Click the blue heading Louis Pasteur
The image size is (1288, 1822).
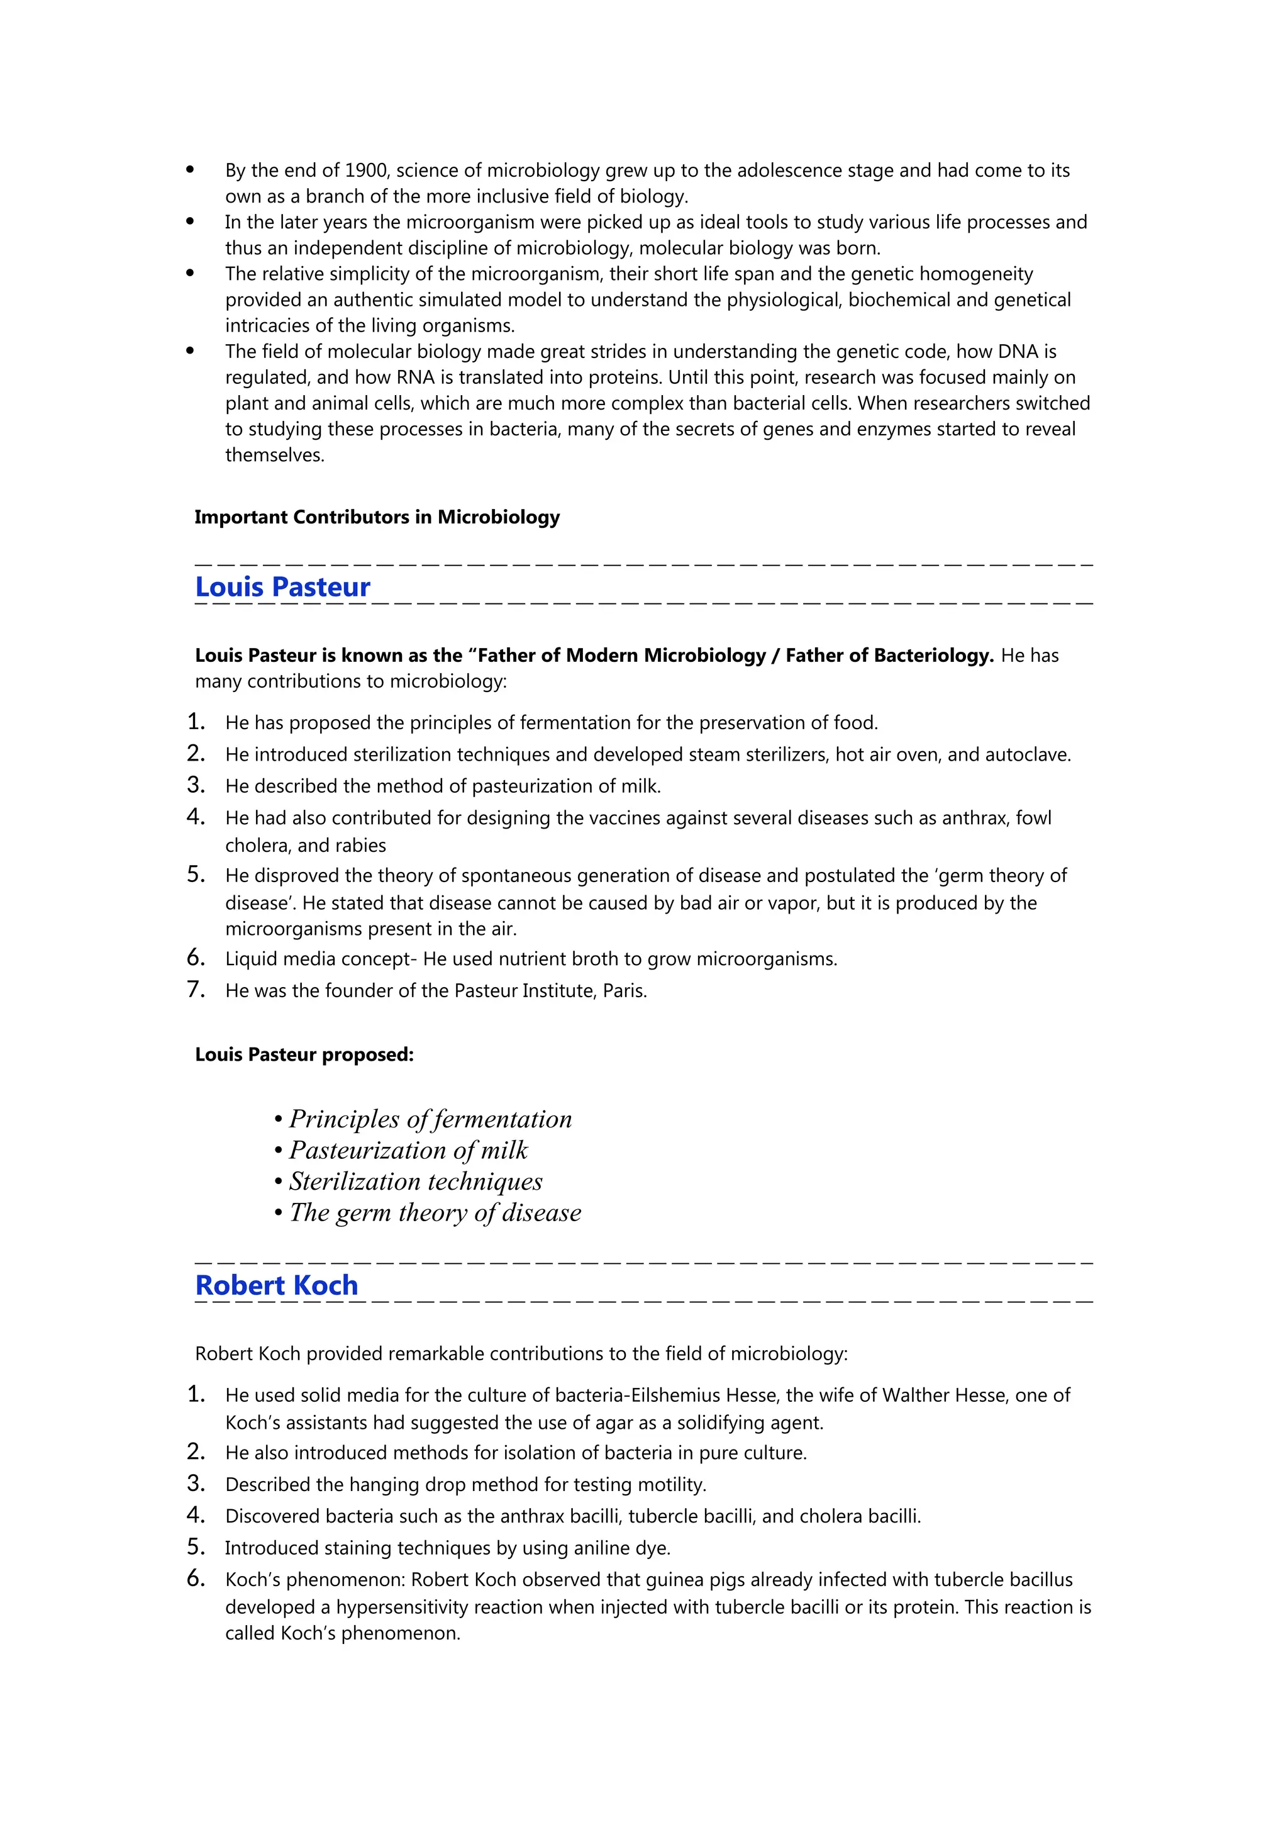click(282, 587)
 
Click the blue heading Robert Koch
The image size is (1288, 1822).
click(276, 1285)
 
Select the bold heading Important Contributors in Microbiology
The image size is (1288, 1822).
click(377, 517)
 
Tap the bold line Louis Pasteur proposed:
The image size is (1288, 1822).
click(304, 1054)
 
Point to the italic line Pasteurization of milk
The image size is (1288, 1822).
click(408, 1150)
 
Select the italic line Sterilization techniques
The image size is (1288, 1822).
click(416, 1182)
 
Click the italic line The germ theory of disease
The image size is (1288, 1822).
click(435, 1212)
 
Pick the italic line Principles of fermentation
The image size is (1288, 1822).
click(430, 1119)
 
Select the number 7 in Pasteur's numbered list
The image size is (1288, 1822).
click(195, 990)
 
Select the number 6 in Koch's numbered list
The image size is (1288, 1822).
click(195, 1579)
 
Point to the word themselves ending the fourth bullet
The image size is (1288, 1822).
click(274, 455)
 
